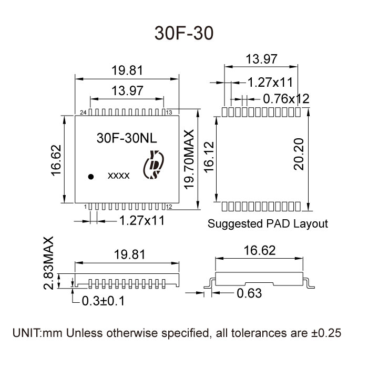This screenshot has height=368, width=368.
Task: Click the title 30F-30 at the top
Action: coord(183,33)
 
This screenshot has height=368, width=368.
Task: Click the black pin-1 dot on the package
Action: coord(91,177)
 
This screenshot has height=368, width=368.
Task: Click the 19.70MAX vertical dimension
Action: coord(189,158)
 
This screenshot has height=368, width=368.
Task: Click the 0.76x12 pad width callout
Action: coord(285,98)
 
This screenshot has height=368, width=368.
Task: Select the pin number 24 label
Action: coord(83,113)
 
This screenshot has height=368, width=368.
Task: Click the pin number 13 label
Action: coord(170,113)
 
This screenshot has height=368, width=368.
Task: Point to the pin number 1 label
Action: coord(85,207)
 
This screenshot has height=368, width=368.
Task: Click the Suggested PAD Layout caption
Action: coord(268,223)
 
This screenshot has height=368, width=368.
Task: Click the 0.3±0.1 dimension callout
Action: coord(104,301)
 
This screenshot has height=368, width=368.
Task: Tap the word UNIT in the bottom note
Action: coord(26,333)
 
